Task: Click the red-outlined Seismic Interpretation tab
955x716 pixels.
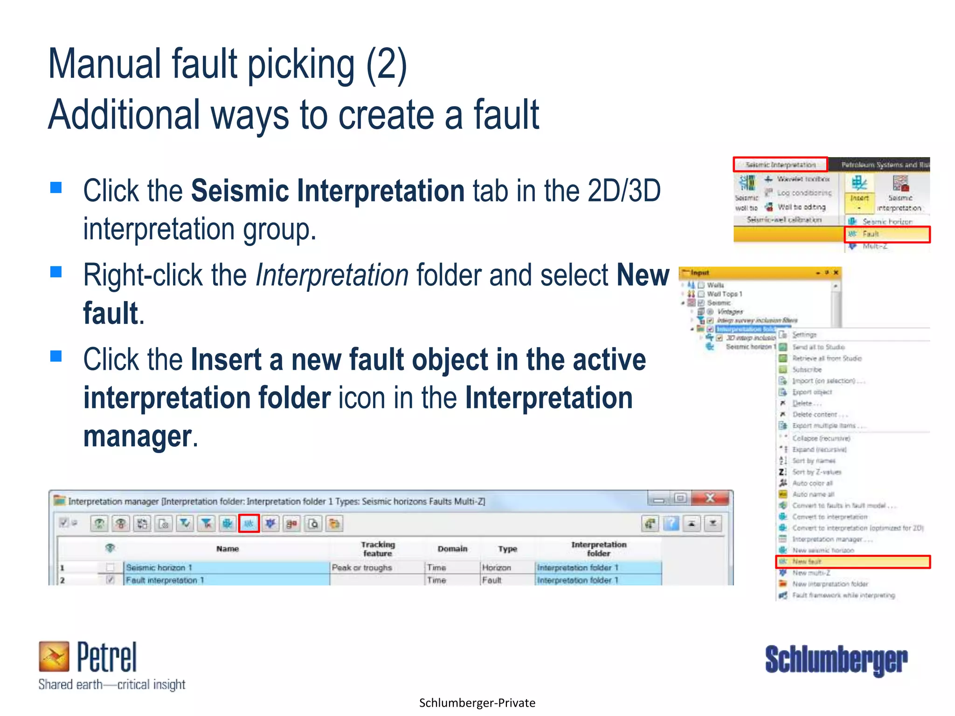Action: (x=780, y=165)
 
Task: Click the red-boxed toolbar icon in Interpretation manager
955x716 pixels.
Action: (x=249, y=523)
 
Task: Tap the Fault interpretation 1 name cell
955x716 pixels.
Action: (x=226, y=580)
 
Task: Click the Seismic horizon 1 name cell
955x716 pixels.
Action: (x=226, y=567)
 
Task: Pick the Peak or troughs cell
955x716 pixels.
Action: (x=362, y=567)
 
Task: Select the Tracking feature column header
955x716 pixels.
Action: (x=378, y=549)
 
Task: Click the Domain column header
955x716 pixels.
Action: (x=452, y=549)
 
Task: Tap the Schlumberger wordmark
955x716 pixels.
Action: (x=836, y=660)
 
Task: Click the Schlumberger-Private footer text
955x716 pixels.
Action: (x=477, y=703)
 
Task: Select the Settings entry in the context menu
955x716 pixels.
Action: (x=804, y=335)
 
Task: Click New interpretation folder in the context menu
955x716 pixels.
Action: (x=830, y=584)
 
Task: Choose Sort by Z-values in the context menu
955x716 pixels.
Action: (x=817, y=472)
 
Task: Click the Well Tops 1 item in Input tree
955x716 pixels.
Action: (x=724, y=294)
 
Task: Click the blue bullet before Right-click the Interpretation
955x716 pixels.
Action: (x=56, y=272)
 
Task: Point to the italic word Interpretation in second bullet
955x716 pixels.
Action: (x=332, y=275)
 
